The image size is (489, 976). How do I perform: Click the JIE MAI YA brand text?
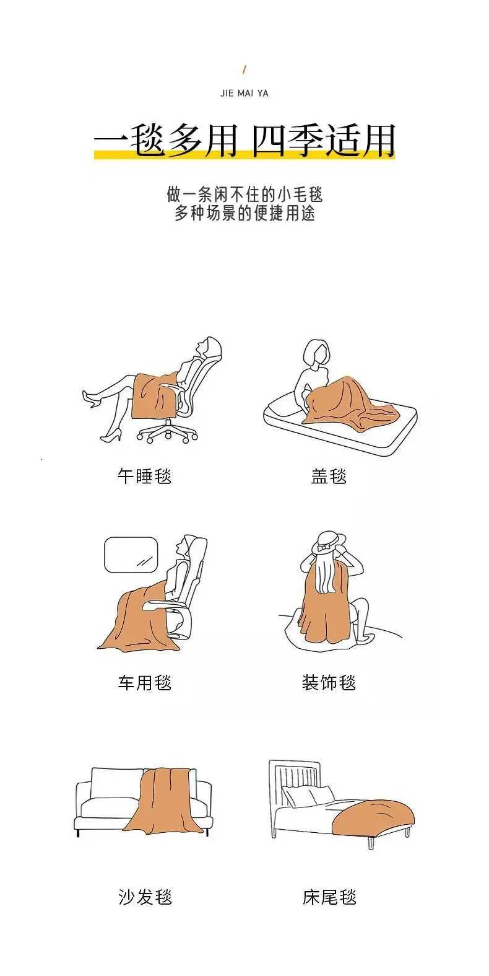click(244, 93)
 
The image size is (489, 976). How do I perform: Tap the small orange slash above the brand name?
click(244, 69)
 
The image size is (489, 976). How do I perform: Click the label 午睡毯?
click(144, 476)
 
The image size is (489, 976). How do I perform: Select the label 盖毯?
click(329, 476)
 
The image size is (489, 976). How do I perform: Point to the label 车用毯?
click(144, 682)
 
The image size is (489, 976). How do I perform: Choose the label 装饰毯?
click(329, 682)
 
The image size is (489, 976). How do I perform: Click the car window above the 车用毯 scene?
click(131, 555)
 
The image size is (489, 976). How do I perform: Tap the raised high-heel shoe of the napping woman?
click(90, 399)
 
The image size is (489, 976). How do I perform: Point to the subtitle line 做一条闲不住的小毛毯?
click(244, 195)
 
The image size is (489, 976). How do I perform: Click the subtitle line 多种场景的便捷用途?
click(244, 214)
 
